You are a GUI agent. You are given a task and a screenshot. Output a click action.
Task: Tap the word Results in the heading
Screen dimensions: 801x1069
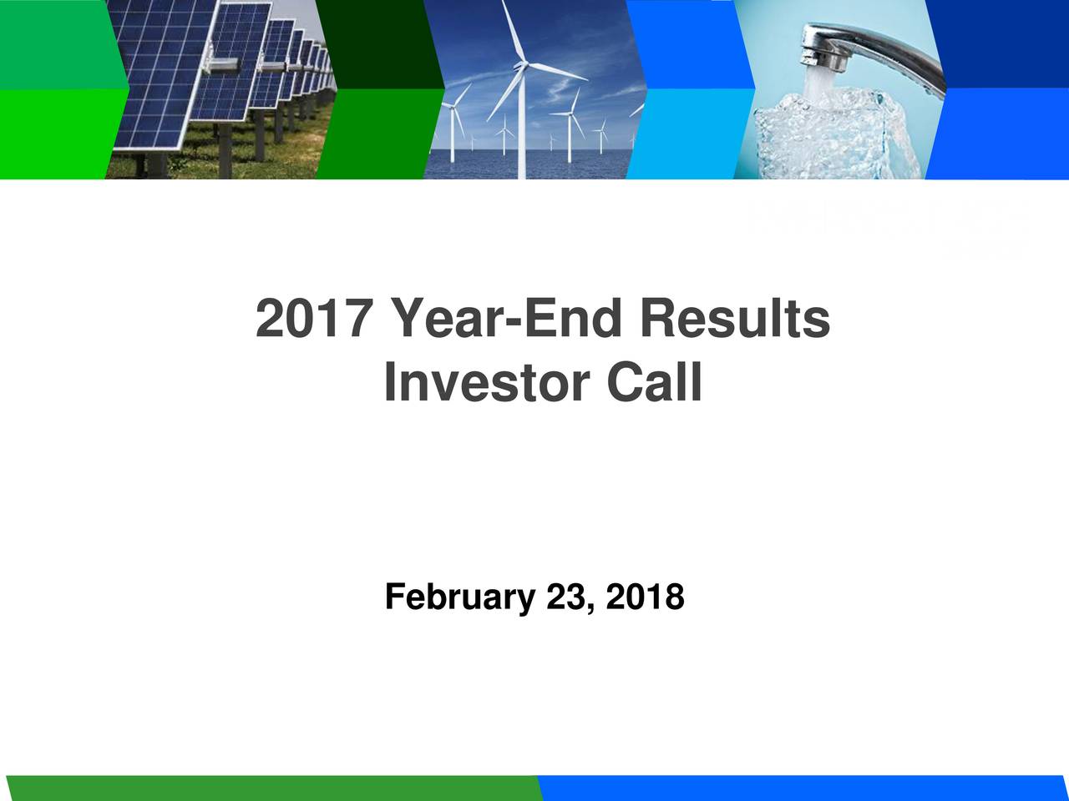tap(735, 320)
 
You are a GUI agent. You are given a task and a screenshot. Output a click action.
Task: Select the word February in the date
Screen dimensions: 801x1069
tap(459, 597)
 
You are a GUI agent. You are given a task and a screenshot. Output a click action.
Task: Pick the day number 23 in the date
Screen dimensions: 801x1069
tap(565, 597)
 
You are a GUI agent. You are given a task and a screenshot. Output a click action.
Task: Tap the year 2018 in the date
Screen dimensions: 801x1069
tap(645, 597)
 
